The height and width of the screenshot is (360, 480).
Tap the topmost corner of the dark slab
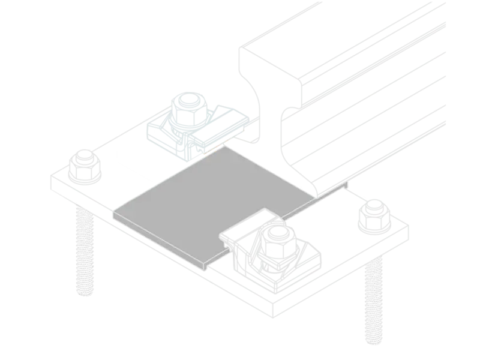226,147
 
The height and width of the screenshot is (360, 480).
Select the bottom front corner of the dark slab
205,265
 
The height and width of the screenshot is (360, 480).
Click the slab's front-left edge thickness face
159,241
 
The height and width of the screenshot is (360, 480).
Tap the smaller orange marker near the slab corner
228,142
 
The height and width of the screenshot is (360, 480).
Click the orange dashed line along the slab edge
213,150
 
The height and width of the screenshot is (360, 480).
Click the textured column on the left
84,252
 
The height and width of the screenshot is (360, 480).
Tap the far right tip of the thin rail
347,182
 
